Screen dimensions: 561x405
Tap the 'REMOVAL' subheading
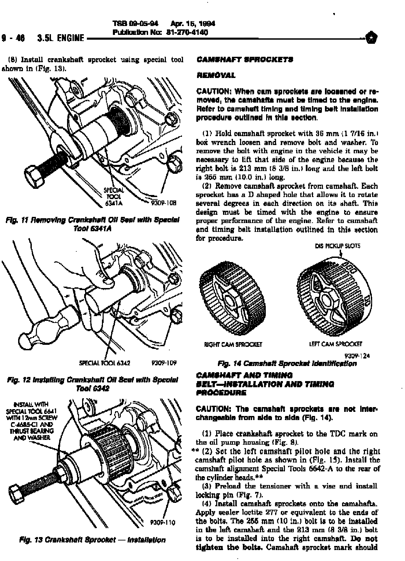point(216,75)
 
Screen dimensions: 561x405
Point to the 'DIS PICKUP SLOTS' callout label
point(337,246)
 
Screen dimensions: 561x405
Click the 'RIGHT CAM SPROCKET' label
point(233,344)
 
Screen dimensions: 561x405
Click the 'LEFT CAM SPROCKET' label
point(335,344)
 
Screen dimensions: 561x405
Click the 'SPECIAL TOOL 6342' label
point(105,363)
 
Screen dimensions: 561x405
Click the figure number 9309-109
point(164,363)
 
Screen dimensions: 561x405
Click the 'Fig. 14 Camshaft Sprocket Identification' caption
point(287,363)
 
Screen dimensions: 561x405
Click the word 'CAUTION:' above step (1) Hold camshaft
point(212,92)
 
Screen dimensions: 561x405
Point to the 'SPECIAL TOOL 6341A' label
point(114,197)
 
